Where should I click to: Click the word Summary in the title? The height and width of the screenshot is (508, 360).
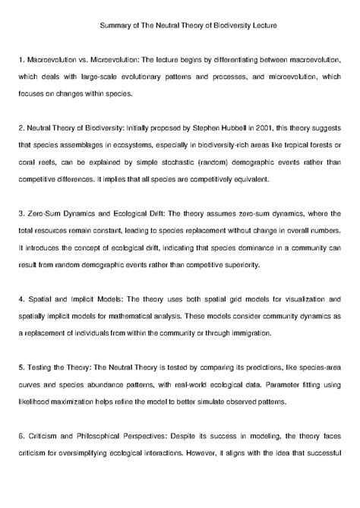[115, 25]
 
